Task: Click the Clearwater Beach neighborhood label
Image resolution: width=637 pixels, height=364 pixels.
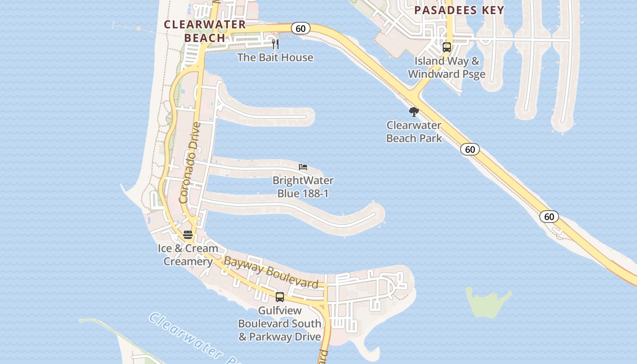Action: click(205, 31)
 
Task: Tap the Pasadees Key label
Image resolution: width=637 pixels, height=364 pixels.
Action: click(460, 10)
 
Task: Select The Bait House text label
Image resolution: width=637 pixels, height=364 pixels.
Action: click(275, 57)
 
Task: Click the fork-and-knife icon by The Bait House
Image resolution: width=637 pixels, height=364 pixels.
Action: click(275, 44)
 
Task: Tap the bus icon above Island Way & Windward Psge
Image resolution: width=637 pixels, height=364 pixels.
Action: click(447, 47)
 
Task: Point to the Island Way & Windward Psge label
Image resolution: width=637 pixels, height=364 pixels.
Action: click(447, 67)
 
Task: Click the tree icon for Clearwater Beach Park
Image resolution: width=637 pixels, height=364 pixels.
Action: click(414, 111)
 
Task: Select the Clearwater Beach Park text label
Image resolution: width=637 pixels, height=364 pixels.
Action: click(414, 131)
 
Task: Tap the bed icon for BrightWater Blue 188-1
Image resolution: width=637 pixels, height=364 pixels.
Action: click(303, 167)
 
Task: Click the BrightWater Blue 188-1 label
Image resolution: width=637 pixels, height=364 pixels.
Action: click(303, 187)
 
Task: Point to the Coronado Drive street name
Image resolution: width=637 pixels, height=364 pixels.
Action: click(190, 162)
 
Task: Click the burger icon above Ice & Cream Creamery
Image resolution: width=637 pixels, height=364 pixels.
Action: click(188, 235)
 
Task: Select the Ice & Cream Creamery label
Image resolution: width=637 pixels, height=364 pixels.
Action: click(188, 255)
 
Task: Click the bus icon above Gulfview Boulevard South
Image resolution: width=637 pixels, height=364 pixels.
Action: click(280, 297)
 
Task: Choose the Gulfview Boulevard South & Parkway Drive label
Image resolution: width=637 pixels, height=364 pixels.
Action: click(280, 324)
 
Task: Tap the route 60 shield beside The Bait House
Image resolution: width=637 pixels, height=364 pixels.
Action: click(300, 29)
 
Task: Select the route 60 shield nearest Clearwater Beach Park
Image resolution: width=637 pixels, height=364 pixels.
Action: click(470, 149)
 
